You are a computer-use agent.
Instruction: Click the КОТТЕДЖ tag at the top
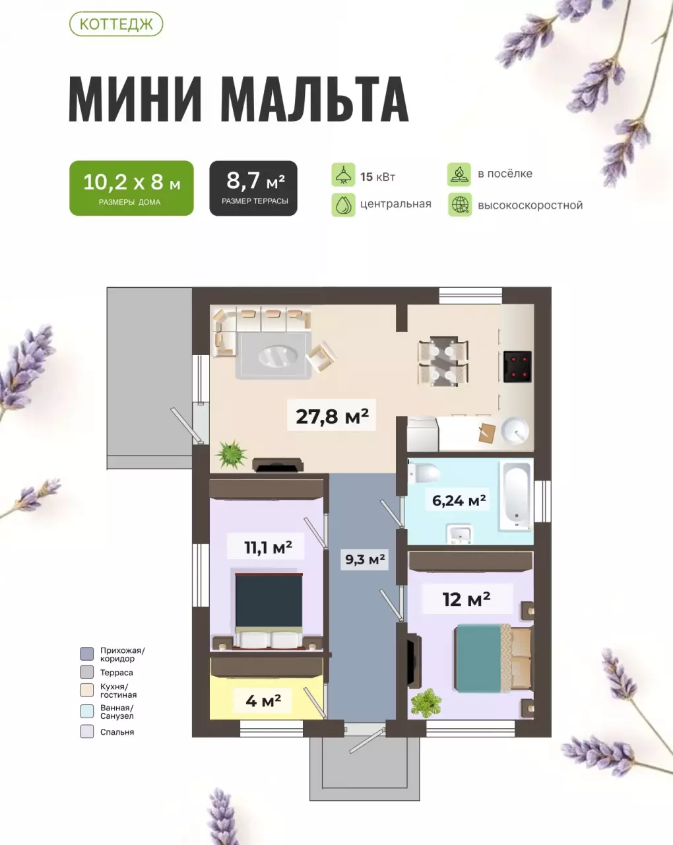[115, 25]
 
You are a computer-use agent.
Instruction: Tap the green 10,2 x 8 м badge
[131, 188]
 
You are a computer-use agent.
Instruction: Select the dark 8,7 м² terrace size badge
[253, 188]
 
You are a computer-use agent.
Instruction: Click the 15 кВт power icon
[343, 176]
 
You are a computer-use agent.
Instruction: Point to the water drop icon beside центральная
[343, 205]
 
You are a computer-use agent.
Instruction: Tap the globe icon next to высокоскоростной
[460, 205]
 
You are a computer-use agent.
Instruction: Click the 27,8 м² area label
[332, 417]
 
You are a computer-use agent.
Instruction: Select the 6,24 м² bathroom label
[459, 500]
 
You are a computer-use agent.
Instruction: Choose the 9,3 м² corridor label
[365, 560]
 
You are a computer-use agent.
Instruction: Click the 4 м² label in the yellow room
[263, 700]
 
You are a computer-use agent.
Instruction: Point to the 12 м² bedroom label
[466, 599]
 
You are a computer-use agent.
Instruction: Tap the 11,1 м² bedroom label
[268, 547]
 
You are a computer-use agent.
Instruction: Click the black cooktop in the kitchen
[517, 367]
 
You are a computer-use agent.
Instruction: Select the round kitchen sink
[515, 432]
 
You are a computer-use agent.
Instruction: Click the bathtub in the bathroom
[514, 495]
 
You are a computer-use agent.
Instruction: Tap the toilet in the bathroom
[424, 473]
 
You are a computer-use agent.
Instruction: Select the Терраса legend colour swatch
[86, 673]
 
